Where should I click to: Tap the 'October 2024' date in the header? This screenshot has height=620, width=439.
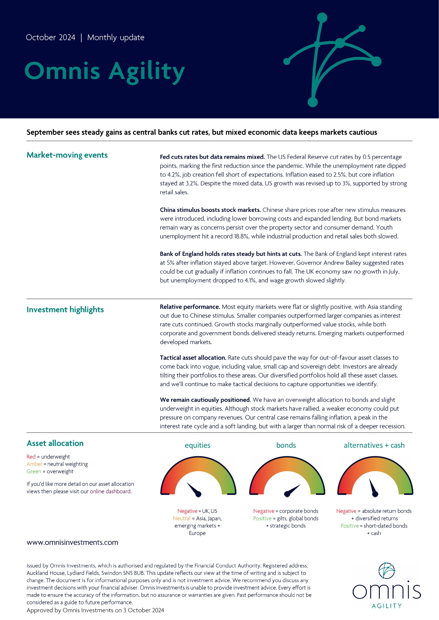[51, 37]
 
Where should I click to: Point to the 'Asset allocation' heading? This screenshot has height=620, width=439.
[55, 443]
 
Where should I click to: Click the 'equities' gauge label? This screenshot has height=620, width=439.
[198, 445]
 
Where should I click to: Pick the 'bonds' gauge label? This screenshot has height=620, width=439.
[286, 445]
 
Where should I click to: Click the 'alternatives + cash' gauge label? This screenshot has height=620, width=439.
[374, 445]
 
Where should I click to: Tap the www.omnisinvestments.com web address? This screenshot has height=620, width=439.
[73, 542]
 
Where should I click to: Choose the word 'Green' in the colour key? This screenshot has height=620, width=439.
[34, 471]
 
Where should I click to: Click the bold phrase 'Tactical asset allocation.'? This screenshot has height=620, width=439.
[193, 358]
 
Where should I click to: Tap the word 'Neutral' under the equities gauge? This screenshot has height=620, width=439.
[182, 518]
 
